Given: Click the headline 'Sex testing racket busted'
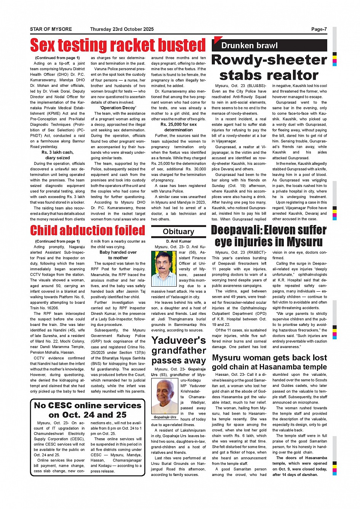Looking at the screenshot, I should [118, 45].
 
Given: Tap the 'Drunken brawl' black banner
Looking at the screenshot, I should [250, 46].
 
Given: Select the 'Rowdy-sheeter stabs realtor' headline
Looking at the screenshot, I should [269, 67].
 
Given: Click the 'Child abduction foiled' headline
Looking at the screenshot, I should [88, 230].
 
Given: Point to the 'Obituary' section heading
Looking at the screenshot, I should [178, 231].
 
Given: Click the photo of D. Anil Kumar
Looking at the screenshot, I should [164, 268].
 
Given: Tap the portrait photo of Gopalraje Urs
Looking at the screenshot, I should [165, 396].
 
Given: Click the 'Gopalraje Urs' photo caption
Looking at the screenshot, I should [165, 417].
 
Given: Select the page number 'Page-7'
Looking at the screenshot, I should [319, 29].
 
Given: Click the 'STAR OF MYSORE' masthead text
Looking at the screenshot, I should [51, 29].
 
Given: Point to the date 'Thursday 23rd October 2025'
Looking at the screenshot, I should [122, 29].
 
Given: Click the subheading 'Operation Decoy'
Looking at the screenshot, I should [118, 108].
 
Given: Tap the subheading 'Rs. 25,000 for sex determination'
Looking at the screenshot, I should [178, 127].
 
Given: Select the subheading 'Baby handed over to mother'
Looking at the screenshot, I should [118, 255].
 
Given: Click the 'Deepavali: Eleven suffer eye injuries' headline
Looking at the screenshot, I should [269, 236].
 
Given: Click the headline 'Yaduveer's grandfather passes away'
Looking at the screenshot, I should [178, 350].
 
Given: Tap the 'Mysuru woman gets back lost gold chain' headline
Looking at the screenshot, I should [269, 362].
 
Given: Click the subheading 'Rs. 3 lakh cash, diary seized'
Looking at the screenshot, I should [58, 155].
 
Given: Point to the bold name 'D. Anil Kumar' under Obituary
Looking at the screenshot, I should [178, 241].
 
